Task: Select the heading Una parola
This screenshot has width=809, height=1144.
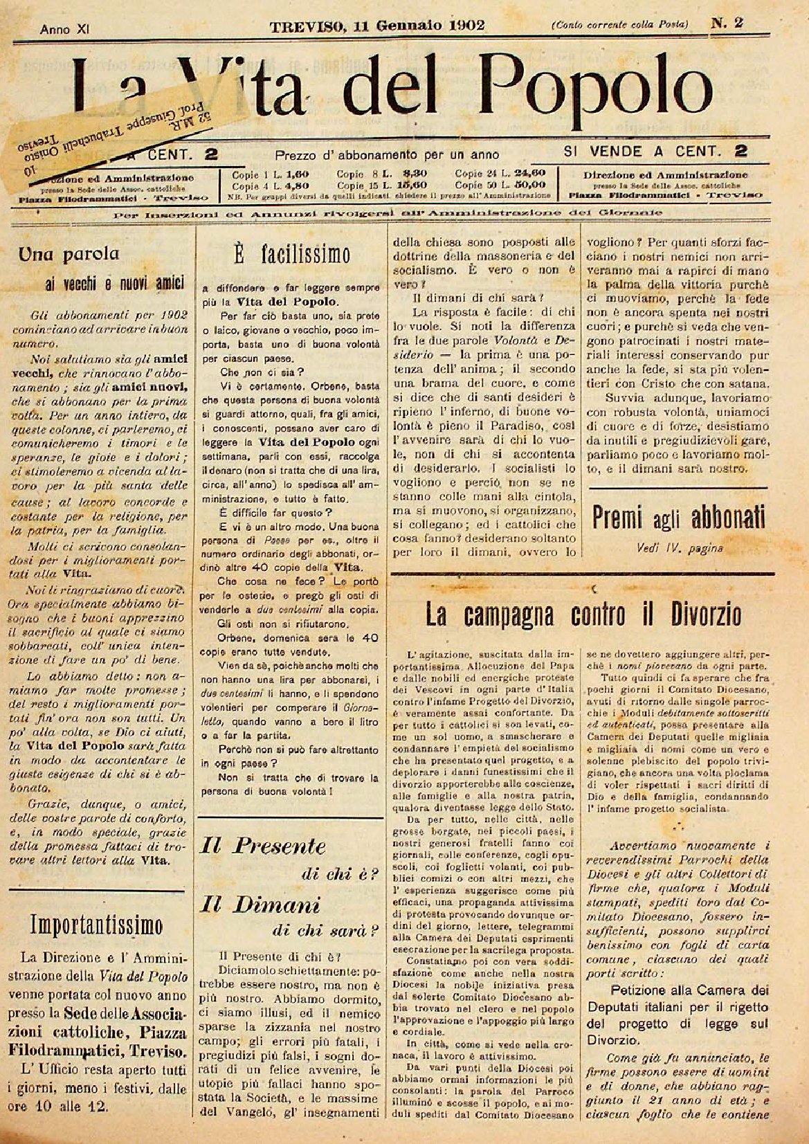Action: pyautogui.click(x=69, y=254)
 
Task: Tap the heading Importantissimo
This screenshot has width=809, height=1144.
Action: pyautogui.click(x=97, y=925)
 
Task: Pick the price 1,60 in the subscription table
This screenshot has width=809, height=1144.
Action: pyautogui.click(x=295, y=174)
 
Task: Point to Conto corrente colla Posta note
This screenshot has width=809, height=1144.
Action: pyautogui.click(x=619, y=25)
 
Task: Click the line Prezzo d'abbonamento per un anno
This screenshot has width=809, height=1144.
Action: pyautogui.click(x=387, y=154)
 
